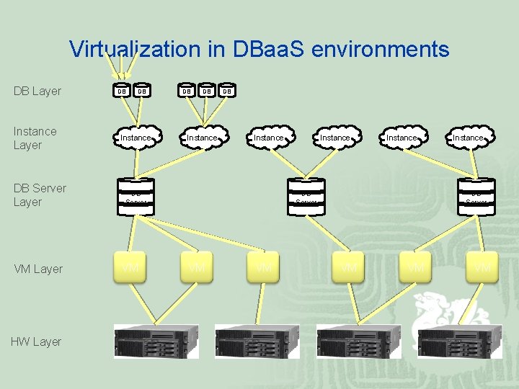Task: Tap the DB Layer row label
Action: tap(37, 91)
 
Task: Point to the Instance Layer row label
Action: tap(35, 138)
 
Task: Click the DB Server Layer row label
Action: tap(39, 194)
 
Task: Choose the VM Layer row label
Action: tap(38, 269)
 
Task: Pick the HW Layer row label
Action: tap(36, 341)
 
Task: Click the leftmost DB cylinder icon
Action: tap(122, 91)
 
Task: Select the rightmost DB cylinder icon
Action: tap(226, 91)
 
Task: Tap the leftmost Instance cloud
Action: tap(136, 137)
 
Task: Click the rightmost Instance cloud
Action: tap(468, 137)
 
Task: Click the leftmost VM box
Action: tap(130, 268)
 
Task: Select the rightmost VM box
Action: tap(482, 268)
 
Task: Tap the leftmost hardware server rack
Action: tap(155, 341)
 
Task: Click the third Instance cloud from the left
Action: tap(269, 137)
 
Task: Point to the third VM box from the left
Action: tap(264, 268)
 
